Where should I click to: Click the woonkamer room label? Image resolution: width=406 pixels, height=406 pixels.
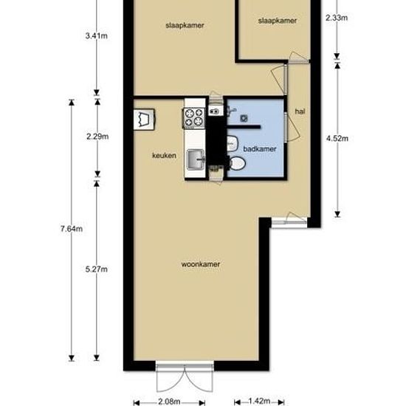pos(201,264)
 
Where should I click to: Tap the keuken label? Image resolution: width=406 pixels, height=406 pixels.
pos(163,156)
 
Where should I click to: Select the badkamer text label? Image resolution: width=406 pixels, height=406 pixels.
pos(260,148)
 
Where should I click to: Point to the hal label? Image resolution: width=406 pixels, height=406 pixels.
pos(300,111)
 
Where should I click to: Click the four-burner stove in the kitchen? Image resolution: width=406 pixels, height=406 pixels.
pos(194,117)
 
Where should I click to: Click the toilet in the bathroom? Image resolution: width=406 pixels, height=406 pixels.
pos(236,162)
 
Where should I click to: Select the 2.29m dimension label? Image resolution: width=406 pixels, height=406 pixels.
pos(97,136)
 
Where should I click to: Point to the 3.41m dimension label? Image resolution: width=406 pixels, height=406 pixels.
pos(97,35)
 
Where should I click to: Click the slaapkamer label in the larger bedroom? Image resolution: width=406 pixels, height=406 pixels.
pos(185,25)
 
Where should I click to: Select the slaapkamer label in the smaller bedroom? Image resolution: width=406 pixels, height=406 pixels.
pos(278,21)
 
